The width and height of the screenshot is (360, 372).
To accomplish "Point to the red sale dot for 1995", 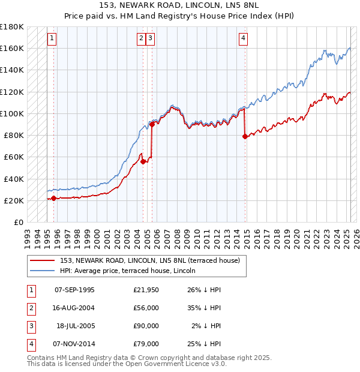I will click(54, 198).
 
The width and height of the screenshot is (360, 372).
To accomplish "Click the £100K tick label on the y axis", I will click(12, 113).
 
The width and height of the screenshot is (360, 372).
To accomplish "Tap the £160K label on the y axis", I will click(12, 48).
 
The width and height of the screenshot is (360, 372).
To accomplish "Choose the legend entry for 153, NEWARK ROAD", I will click(150, 260).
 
